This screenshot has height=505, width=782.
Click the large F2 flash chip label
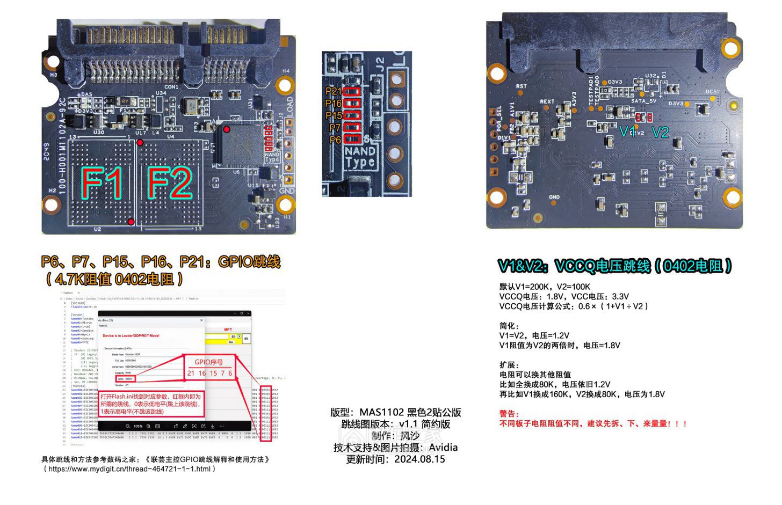169,183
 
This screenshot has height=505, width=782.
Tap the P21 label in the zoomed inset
334,91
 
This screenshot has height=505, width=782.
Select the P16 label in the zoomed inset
334,104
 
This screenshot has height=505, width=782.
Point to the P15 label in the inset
334,115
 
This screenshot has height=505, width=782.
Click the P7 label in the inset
335,128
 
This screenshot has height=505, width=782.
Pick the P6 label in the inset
335,140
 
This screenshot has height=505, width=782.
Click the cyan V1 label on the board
627,132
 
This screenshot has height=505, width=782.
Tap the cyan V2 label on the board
661,132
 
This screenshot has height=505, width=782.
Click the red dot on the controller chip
227,129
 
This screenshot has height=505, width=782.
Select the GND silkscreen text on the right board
554,197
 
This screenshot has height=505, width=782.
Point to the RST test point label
521,86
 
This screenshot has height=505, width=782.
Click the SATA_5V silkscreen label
643,101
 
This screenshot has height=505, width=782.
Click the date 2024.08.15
419,459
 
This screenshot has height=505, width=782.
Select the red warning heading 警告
509,414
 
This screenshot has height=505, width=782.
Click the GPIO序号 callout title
208,362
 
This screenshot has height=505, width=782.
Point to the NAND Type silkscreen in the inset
360,156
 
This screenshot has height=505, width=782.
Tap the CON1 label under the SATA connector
171,86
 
